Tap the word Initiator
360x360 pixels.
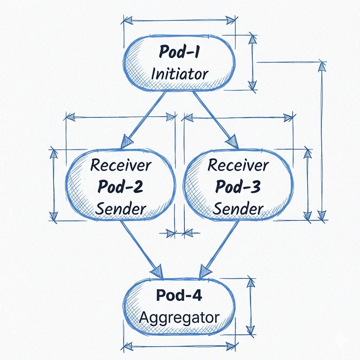179,74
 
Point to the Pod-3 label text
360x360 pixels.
238,187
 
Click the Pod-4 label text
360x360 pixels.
179,296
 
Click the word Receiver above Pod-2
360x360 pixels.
121,165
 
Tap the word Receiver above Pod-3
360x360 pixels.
238,165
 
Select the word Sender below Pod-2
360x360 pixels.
121,209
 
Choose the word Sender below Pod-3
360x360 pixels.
238,209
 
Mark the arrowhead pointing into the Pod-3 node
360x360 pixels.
232,142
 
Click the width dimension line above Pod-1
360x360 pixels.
179,20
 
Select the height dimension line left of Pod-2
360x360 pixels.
54,185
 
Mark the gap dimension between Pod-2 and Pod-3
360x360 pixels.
179,232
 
